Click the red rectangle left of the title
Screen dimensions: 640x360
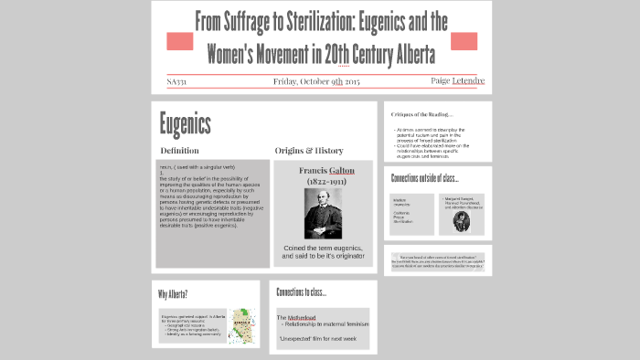pyautogui.click(x=179, y=41)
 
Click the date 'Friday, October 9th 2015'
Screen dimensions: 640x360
pyautogui.click(x=316, y=82)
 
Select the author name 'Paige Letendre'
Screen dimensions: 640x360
pyautogui.click(x=457, y=81)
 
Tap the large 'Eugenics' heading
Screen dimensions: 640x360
pyautogui.click(x=185, y=124)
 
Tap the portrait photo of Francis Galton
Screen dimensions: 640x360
pyautogui.click(x=324, y=214)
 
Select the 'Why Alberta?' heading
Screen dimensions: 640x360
pyautogui.click(x=174, y=294)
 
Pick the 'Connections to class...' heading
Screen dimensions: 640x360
pyautogui.click(x=301, y=292)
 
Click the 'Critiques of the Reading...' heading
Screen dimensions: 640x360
pyautogui.click(x=421, y=114)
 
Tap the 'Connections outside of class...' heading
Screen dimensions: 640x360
pyautogui.click(x=424, y=178)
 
